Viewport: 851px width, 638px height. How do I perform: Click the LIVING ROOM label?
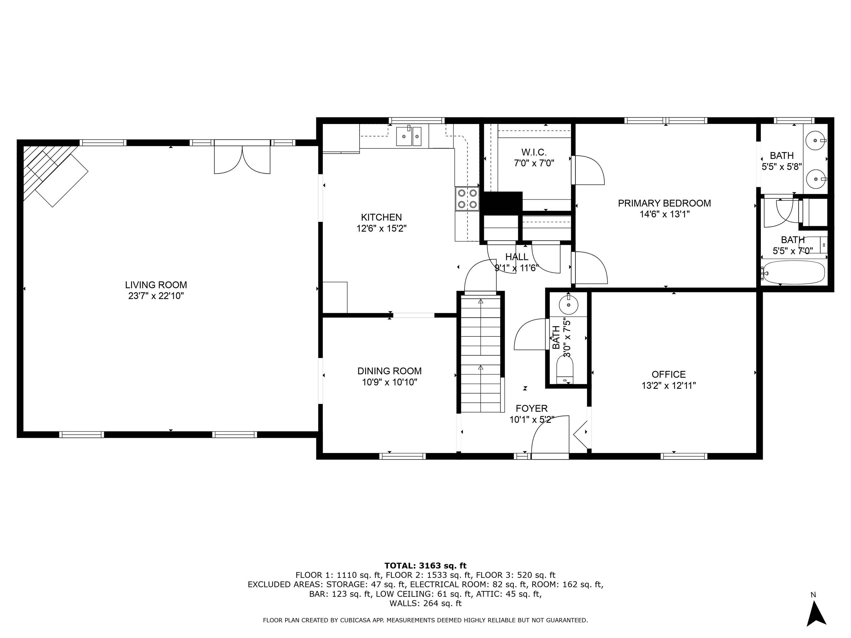(156, 285)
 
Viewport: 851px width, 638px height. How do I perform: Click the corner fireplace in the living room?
(54, 175)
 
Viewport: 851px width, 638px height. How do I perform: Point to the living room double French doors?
(242, 158)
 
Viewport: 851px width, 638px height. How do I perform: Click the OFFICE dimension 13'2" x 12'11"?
(669, 385)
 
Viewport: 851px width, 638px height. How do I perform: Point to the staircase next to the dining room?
(481, 352)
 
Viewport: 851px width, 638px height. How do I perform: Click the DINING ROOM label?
(389, 371)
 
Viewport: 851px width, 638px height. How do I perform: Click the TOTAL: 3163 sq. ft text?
(425, 566)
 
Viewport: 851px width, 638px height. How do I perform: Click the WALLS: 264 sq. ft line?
(425, 603)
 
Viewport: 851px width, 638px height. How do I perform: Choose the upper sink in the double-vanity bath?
(816, 141)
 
